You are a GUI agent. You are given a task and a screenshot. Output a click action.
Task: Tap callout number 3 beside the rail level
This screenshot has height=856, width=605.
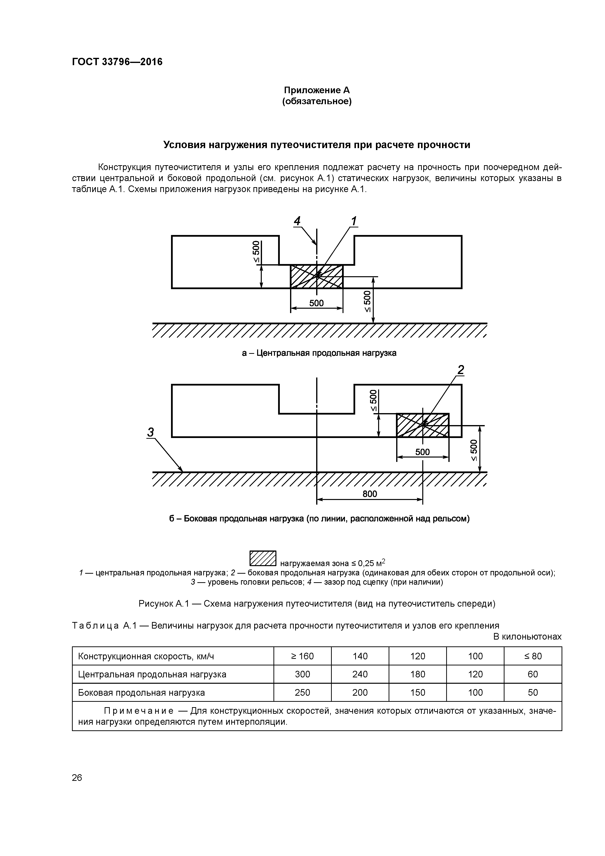tap(150, 432)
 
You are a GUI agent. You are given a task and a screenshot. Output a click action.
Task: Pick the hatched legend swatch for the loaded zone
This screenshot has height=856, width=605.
tap(263, 558)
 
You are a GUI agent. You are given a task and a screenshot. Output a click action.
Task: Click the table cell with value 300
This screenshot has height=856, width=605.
tap(302, 674)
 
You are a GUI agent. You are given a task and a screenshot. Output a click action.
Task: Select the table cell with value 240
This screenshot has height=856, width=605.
tap(360, 674)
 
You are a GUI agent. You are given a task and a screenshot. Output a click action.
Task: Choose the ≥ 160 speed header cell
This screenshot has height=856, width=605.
tap(302, 656)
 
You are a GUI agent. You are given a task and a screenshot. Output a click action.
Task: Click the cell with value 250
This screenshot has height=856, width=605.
tap(302, 692)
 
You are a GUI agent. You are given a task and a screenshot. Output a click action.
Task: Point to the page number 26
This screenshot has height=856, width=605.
tap(77, 778)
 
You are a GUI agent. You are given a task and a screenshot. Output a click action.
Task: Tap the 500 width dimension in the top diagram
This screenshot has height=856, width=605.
tap(316, 303)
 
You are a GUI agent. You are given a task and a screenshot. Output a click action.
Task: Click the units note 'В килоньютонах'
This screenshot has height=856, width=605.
tap(527, 636)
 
